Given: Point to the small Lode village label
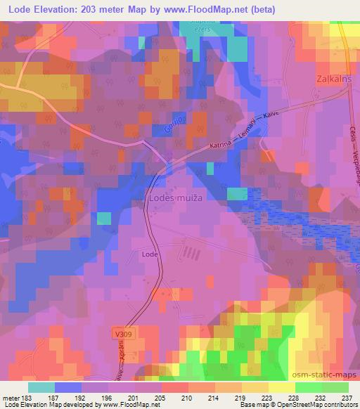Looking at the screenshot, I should click(149, 254).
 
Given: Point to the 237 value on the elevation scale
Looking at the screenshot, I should click(347, 398).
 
